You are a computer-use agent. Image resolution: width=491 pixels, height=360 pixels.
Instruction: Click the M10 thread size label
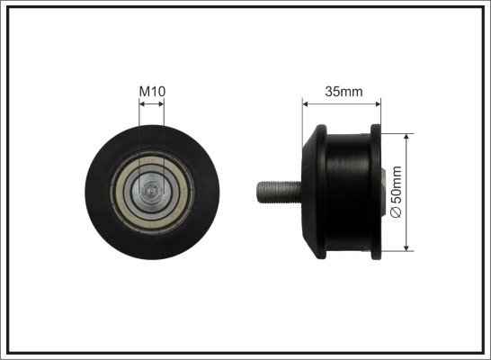(x=151, y=91)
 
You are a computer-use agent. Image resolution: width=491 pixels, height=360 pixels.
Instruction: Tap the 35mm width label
(x=342, y=91)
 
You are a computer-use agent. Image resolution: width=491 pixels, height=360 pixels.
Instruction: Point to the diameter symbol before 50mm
(x=397, y=211)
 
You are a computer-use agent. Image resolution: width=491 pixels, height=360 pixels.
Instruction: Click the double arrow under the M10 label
(x=152, y=105)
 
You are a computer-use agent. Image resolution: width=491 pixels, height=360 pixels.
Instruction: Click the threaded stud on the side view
(x=277, y=192)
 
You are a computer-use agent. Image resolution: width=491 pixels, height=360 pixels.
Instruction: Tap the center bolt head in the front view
(x=151, y=191)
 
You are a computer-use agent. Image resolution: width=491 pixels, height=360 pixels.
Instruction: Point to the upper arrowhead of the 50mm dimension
(x=407, y=138)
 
